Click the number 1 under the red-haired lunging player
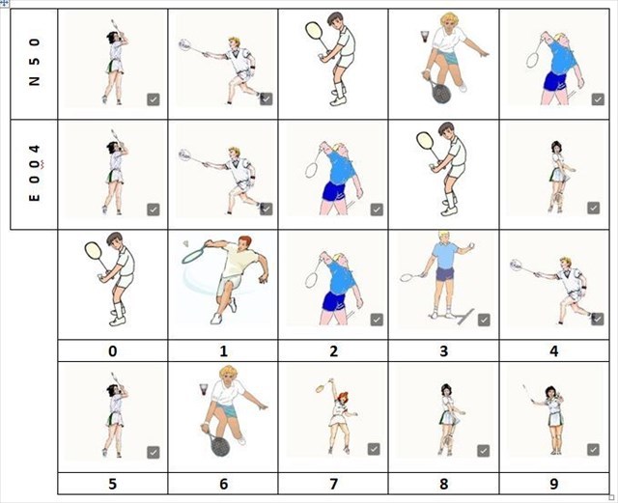point(223,350)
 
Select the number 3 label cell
point(444,350)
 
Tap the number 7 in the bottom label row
point(333,484)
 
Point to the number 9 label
point(554,484)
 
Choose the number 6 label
point(223,484)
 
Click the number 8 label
point(444,484)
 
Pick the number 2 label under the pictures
point(333,350)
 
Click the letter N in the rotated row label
point(35,81)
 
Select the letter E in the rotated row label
point(35,197)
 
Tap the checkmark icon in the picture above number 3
point(484,320)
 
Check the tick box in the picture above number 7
point(374,449)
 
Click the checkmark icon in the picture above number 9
point(593,449)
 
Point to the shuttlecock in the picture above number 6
point(204,389)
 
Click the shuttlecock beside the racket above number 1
point(186,243)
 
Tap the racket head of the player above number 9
point(525,389)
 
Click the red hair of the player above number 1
point(245,239)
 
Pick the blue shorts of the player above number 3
point(445,273)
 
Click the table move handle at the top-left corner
point(5,4)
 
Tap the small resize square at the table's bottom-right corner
point(611,497)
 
